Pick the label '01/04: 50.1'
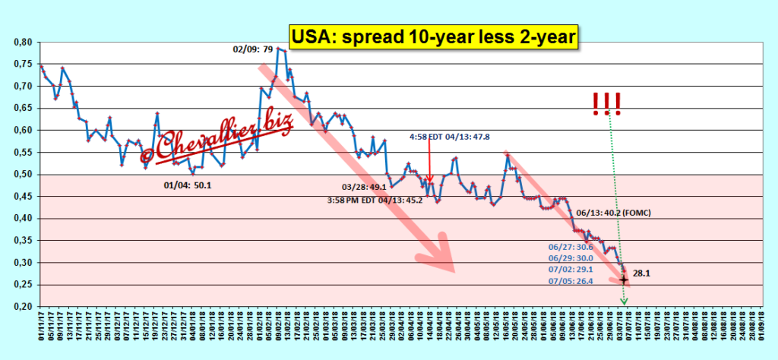tap(188, 185)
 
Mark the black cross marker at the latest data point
tap(624, 279)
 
